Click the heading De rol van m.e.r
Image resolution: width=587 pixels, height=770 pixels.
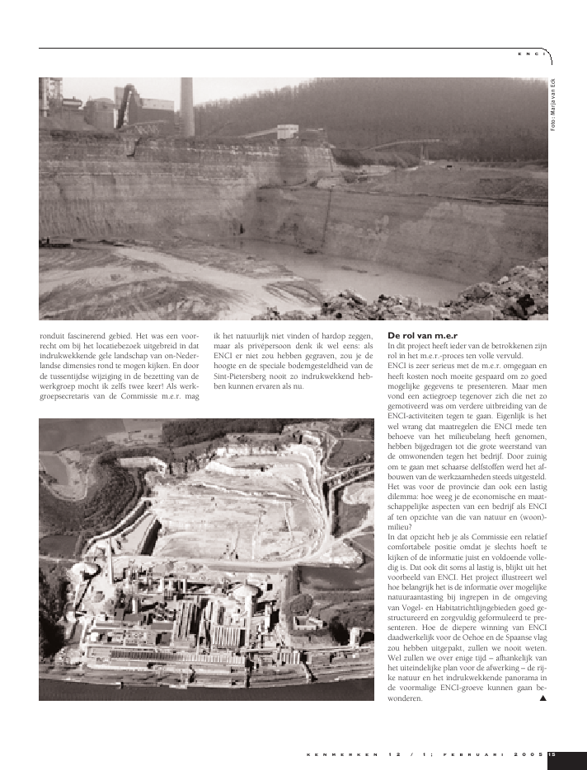coord(418,335)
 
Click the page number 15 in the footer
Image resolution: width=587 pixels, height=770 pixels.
coord(552,754)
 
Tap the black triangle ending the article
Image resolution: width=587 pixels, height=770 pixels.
coord(542,698)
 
